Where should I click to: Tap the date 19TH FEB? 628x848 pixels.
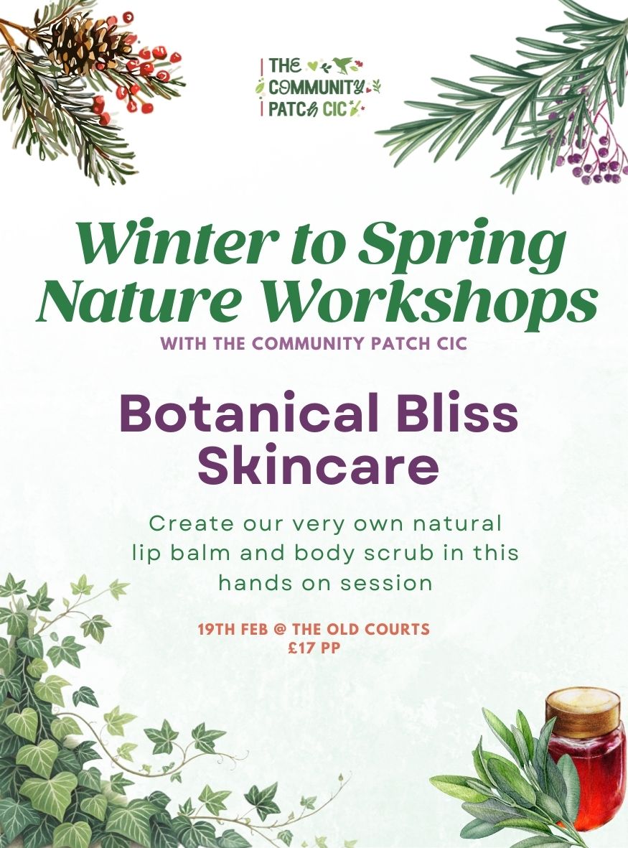(x=231, y=630)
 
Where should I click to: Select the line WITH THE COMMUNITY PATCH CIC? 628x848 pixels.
(x=314, y=343)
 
